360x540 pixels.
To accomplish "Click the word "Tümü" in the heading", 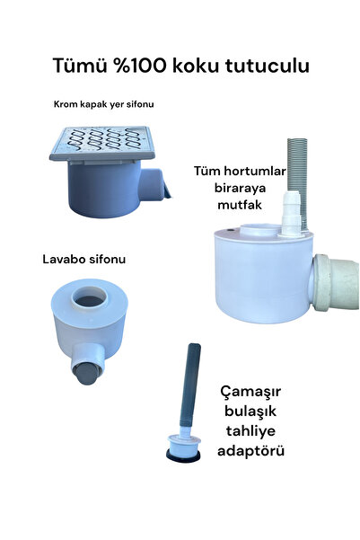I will tap(79, 67).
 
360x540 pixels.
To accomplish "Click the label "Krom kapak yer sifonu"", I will tap(103, 104).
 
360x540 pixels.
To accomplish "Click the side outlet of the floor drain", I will tap(159, 186).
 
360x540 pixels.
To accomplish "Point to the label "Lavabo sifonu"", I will tap(83, 260).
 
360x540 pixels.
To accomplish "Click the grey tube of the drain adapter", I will tap(192, 385).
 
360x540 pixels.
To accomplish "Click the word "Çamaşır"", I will tap(255, 394).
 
